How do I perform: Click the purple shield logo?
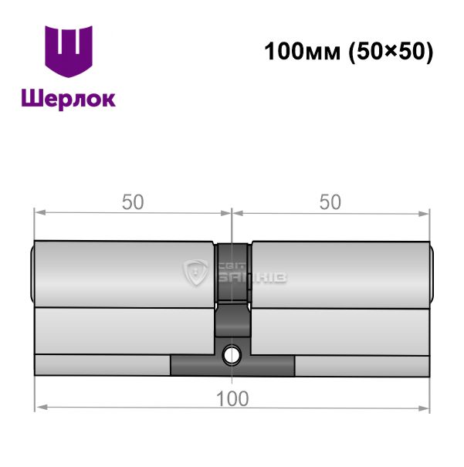point(69,51)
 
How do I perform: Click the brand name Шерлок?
point(69,99)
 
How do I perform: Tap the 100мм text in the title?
point(303,51)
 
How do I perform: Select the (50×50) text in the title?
point(391,52)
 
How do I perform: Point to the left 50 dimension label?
point(133,202)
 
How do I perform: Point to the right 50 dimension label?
point(330,202)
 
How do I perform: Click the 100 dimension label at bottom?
point(232,399)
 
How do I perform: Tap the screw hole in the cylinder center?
point(232,355)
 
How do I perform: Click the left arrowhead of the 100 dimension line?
point(42,407)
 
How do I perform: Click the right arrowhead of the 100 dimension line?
point(423,408)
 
